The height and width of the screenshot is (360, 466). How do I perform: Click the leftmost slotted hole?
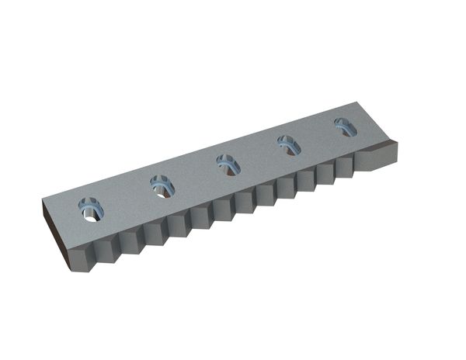(92, 209)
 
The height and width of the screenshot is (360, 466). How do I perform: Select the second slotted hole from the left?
(161, 186)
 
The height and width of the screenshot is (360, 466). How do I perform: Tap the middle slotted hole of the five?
(227, 164)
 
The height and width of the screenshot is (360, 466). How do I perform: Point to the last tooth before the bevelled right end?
(343, 168)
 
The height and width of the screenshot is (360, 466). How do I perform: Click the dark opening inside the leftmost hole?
(91, 212)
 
